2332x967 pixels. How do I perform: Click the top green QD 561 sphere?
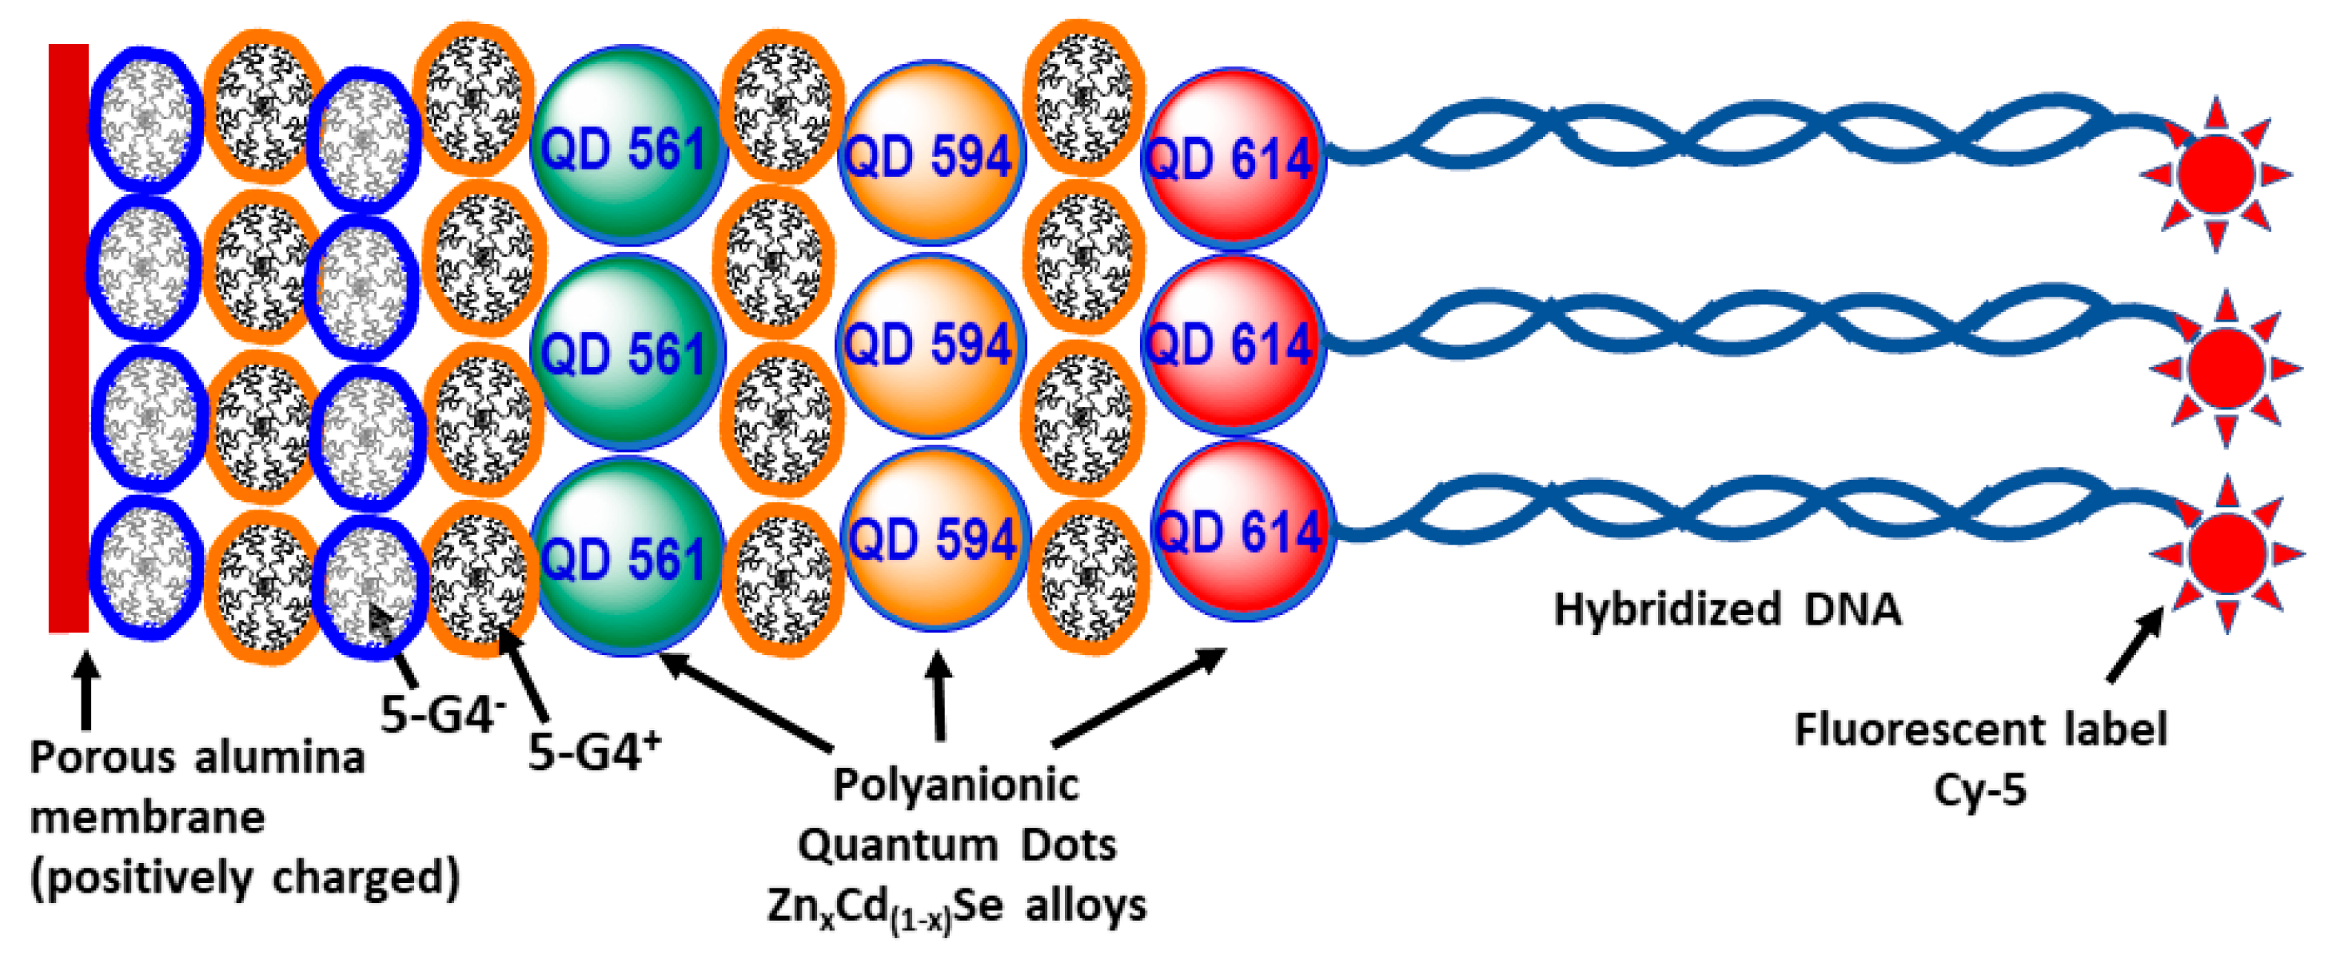[x=627, y=145]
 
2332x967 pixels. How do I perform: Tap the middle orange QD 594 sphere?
[x=930, y=345]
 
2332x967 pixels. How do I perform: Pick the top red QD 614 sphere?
[x=1232, y=158]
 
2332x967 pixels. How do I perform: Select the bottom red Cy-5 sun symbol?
[x=2226, y=553]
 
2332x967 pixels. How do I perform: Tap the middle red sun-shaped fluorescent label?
[x=2224, y=368]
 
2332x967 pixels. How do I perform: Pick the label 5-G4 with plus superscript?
[x=593, y=750]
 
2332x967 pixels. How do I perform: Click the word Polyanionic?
[x=955, y=784]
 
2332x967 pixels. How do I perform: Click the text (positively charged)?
[x=245, y=877]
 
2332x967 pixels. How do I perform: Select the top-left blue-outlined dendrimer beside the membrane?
[x=145, y=119]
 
